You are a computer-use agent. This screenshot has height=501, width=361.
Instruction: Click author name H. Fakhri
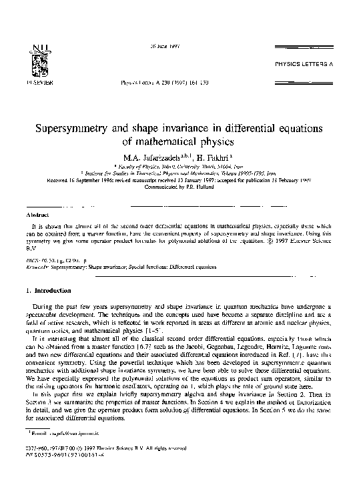coord(216,157)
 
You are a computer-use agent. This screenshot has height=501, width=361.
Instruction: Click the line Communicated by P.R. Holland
coord(179,187)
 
